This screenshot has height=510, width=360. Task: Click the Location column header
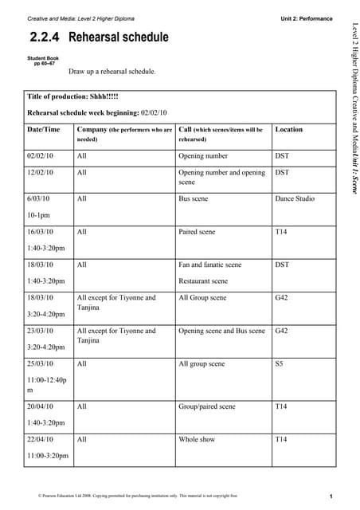tap(288, 129)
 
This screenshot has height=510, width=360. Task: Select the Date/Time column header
tap(43, 129)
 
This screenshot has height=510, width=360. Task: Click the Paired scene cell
tap(197, 232)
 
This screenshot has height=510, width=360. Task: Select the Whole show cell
tap(197, 439)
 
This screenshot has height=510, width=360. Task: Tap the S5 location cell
tap(279, 364)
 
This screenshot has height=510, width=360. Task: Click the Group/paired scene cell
tap(207, 406)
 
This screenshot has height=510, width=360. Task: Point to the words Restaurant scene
tap(203, 280)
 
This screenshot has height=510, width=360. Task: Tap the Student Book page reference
tap(42, 61)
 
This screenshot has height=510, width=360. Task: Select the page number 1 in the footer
tap(330, 496)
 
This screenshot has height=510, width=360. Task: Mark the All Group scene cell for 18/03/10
tap(202, 298)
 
